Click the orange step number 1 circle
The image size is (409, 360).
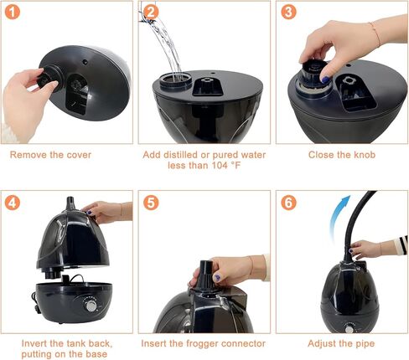point(13,12)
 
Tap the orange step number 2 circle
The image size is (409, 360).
point(151,12)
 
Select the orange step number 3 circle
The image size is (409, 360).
point(288,12)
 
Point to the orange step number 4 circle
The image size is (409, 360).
point(13,203)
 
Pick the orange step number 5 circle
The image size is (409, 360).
point(151,203)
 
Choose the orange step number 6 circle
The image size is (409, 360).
point(288,203)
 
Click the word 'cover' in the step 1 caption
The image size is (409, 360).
point(78,155)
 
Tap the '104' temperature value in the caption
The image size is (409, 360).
point(220,165)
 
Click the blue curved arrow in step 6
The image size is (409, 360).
point(338,216)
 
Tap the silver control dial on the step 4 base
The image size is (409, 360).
point(91,306)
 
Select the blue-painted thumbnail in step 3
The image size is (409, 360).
point(325,80)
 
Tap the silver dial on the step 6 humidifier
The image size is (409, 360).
point(349,329)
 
